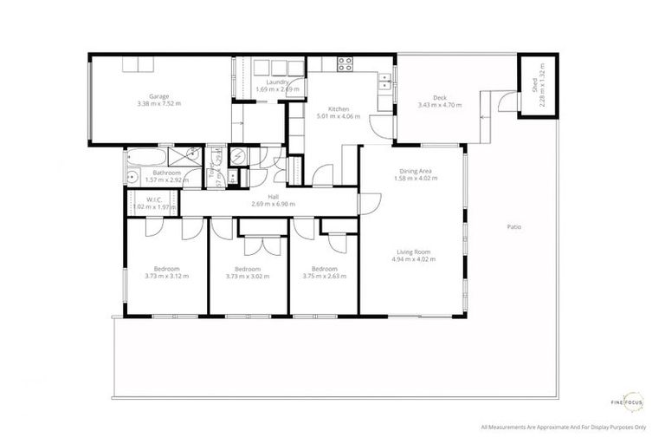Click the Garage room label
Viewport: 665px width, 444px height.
158,95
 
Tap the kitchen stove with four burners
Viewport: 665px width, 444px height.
345,63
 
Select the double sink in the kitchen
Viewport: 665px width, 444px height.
383,83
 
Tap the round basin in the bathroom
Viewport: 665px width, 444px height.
132,178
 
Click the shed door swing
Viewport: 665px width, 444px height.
507,104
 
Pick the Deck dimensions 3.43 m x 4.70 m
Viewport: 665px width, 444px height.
440,105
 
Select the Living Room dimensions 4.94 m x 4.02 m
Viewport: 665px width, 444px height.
410,258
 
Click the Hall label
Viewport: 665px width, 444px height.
273,197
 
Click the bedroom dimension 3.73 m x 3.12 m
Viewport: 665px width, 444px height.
166,276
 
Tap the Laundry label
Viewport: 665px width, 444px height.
277,82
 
